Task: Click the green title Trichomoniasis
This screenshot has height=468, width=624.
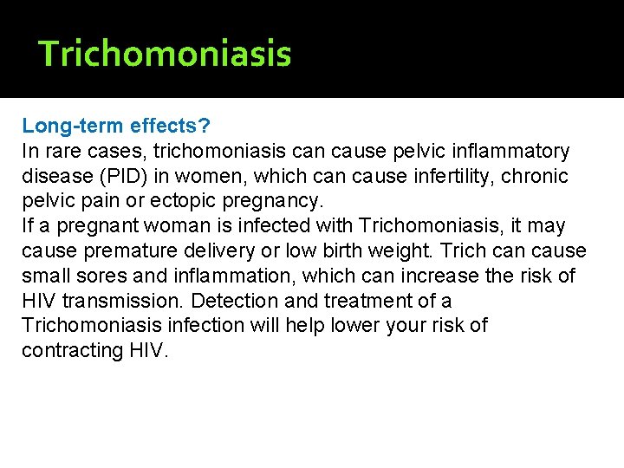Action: [x=166, y=54]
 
